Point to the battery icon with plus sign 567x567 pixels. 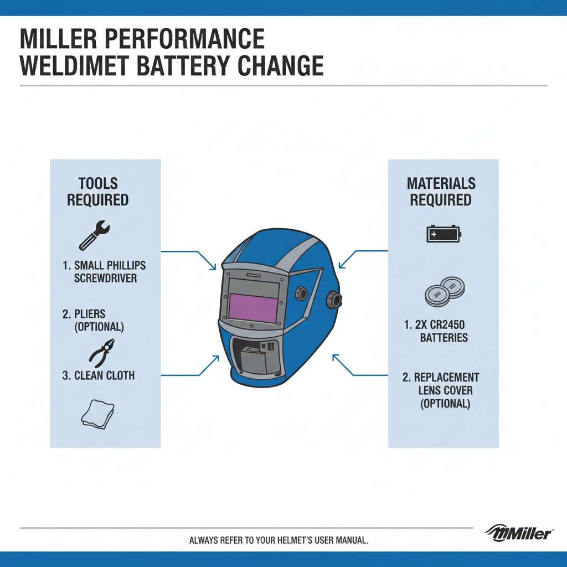[x=443, y=234]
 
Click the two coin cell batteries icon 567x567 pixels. [x=444, y=291]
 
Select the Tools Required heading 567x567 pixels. [x=98, y=192]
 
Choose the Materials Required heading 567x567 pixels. [x=441, y=192]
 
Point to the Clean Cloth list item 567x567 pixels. [x=98, y=375]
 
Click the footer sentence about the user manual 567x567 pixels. [x=279, y=540]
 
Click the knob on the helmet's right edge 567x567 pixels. [x=335, y=299]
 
